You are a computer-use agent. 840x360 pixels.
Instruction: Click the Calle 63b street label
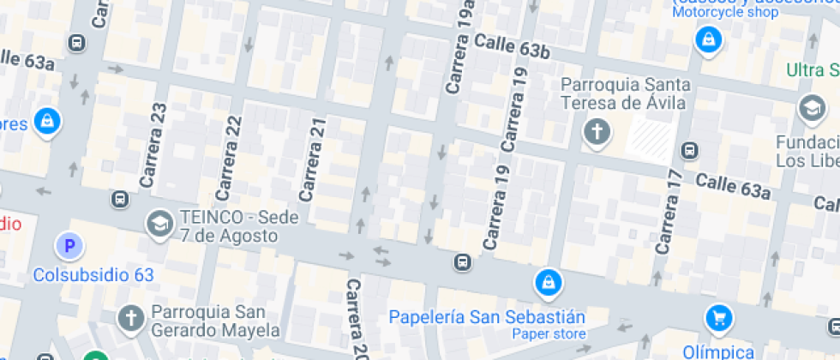[511, 46]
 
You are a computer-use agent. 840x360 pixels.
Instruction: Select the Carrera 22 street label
[230, 153]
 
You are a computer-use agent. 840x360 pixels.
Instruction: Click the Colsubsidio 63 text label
[93, 275]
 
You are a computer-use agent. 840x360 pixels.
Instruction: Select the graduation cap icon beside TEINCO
[159, 225]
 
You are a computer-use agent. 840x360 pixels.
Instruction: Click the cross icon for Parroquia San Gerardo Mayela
[130, 318]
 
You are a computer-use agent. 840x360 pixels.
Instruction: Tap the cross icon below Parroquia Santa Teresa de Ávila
[596, 132]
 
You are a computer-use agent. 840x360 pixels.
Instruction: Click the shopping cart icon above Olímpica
[718, 319]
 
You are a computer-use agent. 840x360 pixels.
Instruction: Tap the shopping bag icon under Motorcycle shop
[708, 39]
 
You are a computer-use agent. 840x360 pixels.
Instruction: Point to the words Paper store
[549, 334]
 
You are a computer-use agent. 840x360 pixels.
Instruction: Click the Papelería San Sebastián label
[486, 316]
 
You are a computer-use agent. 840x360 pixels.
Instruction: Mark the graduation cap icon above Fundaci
[810, 108]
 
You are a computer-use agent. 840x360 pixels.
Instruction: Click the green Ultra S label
[813, 69]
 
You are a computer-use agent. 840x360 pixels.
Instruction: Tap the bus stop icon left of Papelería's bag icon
[463, 261]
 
